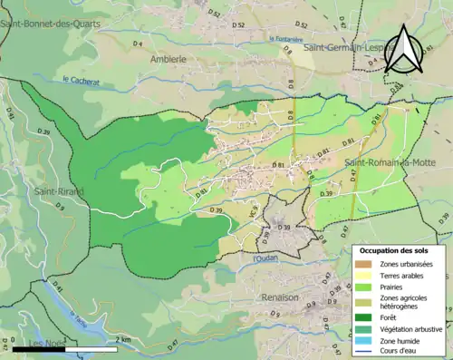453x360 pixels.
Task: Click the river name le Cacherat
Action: coord(81,82)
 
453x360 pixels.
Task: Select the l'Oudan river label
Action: coord(265,260)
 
